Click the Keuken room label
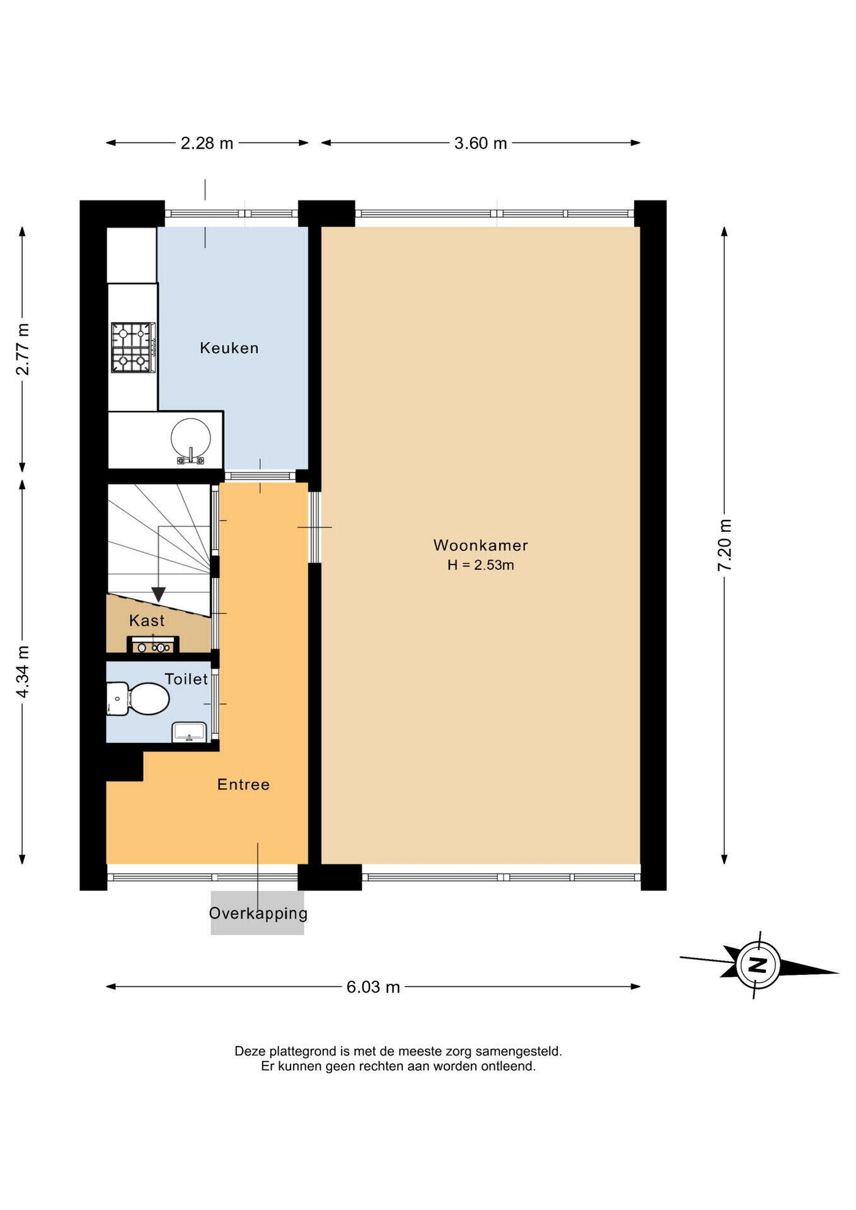229,348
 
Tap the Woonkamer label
480,545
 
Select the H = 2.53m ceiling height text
480,565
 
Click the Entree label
243,785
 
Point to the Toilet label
186,679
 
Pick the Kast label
147,621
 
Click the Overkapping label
258,913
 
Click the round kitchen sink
190,438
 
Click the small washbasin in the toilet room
189,732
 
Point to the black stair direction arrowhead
158,594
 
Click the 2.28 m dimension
207,143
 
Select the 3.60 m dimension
480,143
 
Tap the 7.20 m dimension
724,545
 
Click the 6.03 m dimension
373,987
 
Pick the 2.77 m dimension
23,349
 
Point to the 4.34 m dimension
23,672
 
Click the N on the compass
758,965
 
